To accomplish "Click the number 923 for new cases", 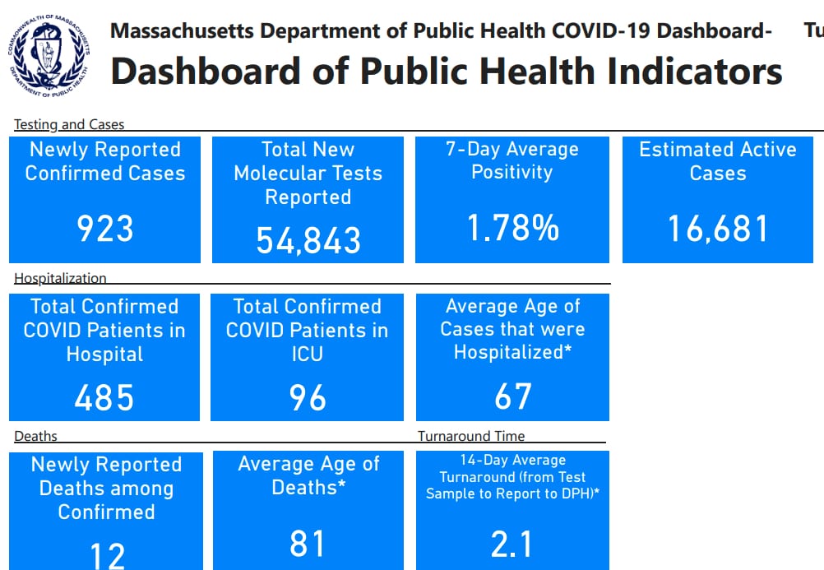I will (104, 229).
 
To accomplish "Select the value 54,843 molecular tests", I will (308, 240).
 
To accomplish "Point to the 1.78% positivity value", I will (512, 228).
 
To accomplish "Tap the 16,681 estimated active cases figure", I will (717, 229).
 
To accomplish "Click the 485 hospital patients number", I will (104, 398).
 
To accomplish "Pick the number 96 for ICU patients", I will (308, 398).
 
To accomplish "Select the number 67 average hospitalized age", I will (512, 396).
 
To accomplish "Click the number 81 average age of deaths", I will (308, 544).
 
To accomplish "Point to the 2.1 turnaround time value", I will (512, 545).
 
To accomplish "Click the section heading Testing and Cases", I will (69, 125).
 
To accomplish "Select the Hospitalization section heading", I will (60, 279).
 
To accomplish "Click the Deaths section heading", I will (35, 436).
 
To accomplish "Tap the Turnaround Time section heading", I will (470, 436).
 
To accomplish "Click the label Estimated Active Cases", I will (717, 161).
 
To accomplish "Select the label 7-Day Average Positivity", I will (512, 160).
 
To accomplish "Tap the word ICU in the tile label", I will (307, 354).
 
